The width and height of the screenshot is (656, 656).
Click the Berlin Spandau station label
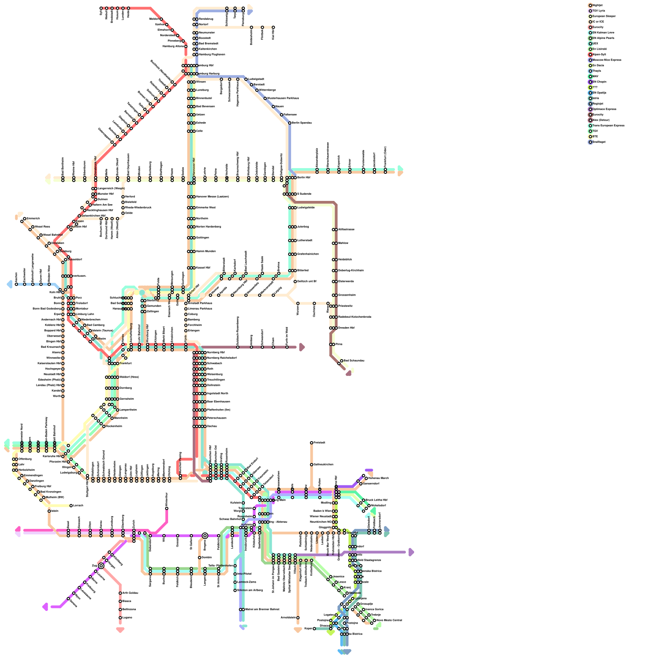[x=302, y=123]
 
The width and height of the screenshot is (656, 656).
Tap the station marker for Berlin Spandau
[x=290, y=123]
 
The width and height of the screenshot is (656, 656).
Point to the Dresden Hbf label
[x=346, y=328]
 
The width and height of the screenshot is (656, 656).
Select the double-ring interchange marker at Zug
[x=101, y=566]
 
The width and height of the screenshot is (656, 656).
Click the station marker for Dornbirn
[x=200, y=558]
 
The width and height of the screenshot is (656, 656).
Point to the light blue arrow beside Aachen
[x=9, y=284]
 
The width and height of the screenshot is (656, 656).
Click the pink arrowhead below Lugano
[x=120, y=630]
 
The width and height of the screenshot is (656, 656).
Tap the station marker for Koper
[x=314, y=629]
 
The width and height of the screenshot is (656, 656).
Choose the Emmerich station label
[x=33, y=219]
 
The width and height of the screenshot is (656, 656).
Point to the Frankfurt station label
[x=125, y=363]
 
